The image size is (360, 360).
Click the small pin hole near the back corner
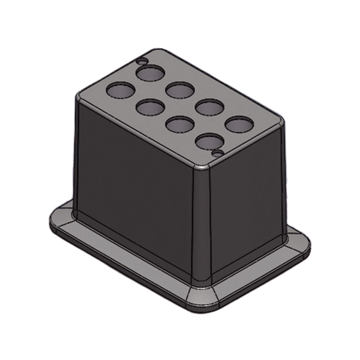[142, 62]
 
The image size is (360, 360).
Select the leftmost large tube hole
[120, 90]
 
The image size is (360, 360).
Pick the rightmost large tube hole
[239, 124]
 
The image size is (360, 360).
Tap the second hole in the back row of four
[180, 90]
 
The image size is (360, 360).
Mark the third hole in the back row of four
[210, 107]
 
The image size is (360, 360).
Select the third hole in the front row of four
[180, 124]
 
